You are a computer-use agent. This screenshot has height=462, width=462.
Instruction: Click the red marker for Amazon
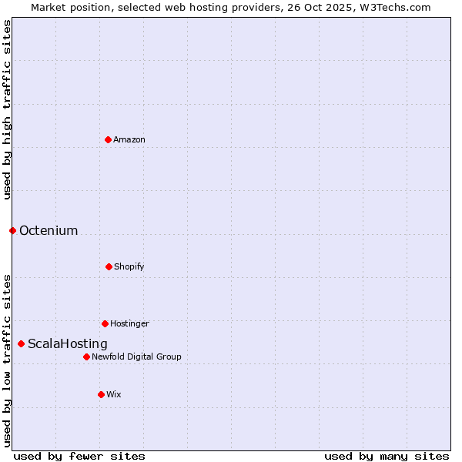coord(108,139)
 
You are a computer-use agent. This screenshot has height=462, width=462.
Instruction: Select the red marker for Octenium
coord(12,230)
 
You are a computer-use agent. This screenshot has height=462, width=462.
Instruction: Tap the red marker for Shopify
coord(109,266)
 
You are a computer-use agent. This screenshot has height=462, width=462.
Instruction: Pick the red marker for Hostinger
coord(105,323)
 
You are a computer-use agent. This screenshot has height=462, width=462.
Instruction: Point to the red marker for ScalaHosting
coord(21,343)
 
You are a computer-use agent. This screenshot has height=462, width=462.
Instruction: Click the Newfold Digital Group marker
coord(86,357)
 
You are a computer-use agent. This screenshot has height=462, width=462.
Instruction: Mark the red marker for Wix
coord(101,394)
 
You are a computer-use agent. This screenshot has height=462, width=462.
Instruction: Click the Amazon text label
coord(129,139)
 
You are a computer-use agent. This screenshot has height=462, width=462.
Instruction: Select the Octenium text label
coord(49,231)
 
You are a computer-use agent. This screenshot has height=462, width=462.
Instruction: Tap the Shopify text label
coord(129,266)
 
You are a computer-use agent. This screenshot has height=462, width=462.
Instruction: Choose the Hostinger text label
coord(129,323)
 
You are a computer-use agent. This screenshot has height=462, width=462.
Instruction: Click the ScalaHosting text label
coord(68,344)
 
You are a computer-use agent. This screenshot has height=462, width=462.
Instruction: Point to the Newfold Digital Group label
coord(137,357)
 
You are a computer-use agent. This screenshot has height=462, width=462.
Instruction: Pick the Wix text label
coord(114,394)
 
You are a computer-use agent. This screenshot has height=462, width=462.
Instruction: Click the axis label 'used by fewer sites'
coord(79,456)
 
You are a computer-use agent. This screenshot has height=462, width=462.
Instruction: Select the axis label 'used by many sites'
coord(387,456)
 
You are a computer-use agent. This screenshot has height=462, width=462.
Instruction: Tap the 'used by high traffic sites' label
coord(7,109)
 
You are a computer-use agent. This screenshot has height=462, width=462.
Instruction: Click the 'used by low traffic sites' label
coord(7,360)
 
